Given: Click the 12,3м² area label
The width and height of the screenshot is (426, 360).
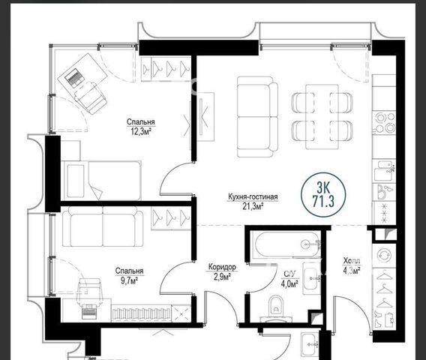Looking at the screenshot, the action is (x=141, y=132).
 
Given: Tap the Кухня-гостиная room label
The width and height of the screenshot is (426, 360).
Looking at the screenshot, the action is (x=253, y=196).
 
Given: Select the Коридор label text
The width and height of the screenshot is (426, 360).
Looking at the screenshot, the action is (x=222, y=267).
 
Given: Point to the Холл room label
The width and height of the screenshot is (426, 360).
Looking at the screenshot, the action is (x=352, y=261).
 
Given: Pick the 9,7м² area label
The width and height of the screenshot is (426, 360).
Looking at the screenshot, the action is (x=130, y=280).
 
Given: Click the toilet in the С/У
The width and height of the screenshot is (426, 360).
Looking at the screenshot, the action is (x=276, y=307).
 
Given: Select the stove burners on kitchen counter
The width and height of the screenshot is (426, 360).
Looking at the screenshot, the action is (x=385, y=122).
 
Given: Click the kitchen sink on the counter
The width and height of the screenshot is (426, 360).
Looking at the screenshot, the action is (x=384, y=171).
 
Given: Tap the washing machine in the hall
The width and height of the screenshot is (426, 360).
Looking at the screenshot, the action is (x=384, y=256).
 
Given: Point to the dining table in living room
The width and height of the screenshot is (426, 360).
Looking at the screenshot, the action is (x=322, y=116).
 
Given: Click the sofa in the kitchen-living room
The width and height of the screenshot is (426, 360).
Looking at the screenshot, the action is (x=257, y=117).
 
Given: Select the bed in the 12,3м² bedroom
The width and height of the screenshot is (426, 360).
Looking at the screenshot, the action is (x=100, y=180).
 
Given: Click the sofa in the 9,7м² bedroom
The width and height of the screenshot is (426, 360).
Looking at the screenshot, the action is (x=103, y=226).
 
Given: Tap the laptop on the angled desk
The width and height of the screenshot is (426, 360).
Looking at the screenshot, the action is (x=73, y=77).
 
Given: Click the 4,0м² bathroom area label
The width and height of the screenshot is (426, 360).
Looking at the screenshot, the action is (x=290, y=284).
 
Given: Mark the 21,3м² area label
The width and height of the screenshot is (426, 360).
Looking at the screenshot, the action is (x=253, y=207).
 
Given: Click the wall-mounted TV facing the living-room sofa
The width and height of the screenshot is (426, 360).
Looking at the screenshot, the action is (x=201, y=116).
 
